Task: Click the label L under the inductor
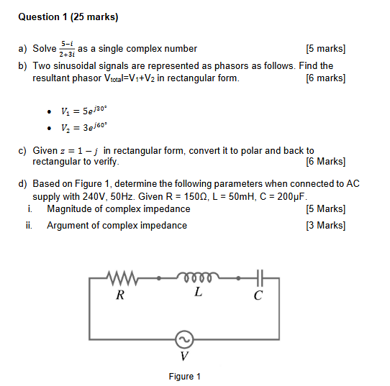tap(197, 293)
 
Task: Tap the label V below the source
tap(184, 357)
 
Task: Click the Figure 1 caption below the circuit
tap(184, 376)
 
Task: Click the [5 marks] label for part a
tap(325, 49)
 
